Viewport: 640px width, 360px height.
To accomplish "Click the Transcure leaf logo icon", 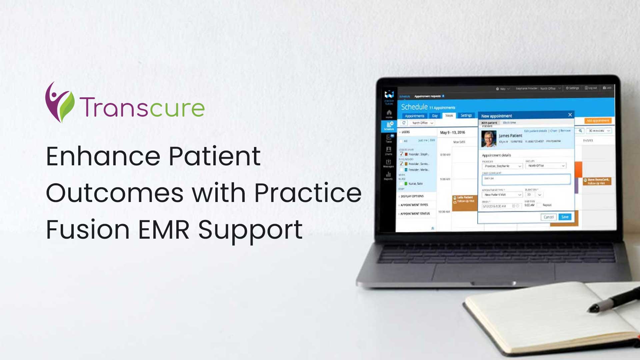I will [x=59, y=103].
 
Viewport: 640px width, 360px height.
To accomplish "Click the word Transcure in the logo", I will [x=142, y=108].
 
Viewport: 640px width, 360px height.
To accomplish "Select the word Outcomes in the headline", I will [x=114, y=193].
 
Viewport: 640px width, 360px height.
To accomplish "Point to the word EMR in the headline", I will [x=164, y=230].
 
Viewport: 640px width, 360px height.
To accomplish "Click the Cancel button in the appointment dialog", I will [x=548, y=217].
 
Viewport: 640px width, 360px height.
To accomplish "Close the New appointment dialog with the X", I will [x=570, y=115].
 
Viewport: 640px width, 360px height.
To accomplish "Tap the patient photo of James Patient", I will [x=489, y=139].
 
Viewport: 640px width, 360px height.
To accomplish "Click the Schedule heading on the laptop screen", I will [x=414, y=107].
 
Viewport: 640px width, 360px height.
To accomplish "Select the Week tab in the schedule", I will [x=449, y=116].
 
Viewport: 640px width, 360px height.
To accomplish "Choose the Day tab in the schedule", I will [x=435, y=116].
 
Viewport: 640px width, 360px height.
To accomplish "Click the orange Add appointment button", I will [x=598, y=121].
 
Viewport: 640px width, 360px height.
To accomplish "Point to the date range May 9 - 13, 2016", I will [x=452, y=133].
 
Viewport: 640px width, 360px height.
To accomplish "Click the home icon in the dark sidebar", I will [x=389, y=113].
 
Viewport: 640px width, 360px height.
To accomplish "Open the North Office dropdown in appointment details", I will [x=546, y=166].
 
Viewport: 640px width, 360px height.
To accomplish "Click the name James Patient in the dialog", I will [x=510, y=136].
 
